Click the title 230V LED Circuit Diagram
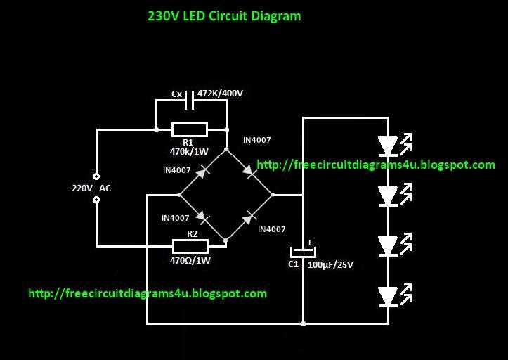pos(224,15)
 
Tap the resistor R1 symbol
pos(190,129)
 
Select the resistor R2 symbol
pos(190,245)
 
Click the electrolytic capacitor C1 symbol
pos(304,251)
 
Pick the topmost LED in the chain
pos(388,146)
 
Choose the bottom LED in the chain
pos(388,296)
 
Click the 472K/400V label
pos(220,94)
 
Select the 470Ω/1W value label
pos(190,260)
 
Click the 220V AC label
pos(91,188)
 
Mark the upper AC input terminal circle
pos(96,176)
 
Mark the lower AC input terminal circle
pos(96,200)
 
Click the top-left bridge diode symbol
pos(202,170)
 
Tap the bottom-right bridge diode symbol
pos(248,217)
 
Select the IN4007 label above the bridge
pos(256,141)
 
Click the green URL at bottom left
pos(148,293)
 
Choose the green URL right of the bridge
pos(376,165)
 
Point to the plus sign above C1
pos(309,243)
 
